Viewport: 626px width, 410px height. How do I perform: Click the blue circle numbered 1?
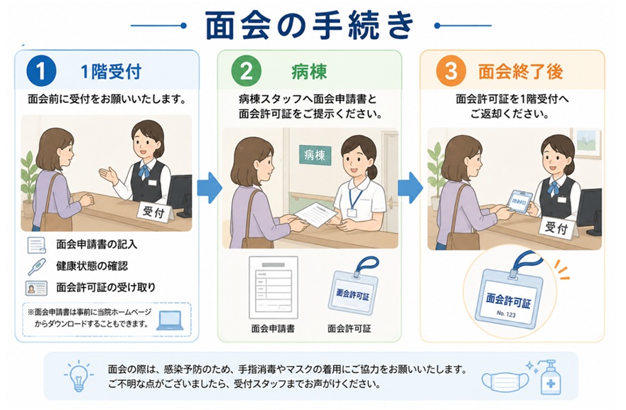41,71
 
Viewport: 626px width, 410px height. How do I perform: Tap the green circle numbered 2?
247,71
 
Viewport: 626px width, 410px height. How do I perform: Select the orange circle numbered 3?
451,71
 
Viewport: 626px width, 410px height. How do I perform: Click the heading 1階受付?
111,72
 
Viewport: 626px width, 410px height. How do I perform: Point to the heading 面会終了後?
521,72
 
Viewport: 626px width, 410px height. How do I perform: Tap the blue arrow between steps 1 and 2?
209,188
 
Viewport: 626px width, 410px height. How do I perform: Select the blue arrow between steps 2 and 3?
411,188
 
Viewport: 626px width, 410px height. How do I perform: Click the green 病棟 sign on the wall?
315,154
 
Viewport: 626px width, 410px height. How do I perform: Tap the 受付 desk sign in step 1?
154,212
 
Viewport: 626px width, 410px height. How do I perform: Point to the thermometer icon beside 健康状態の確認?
37,266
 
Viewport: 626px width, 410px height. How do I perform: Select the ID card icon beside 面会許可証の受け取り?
36,288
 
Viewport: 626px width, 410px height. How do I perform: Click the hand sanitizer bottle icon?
549,377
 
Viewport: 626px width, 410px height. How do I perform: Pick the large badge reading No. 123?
508,296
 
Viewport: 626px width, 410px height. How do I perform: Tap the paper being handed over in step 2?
317,215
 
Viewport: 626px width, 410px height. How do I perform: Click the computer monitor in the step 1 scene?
180,196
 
